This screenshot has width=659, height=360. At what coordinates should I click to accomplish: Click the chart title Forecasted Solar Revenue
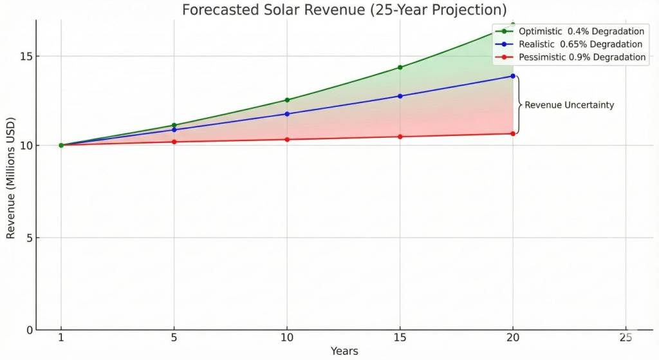click(x=344, y=10)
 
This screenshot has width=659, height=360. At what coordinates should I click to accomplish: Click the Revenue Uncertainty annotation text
click(x=570, y=105)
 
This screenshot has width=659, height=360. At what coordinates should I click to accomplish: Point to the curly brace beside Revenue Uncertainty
click(x=519, y=105)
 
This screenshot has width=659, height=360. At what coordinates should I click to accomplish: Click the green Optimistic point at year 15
click(x=400, y=68)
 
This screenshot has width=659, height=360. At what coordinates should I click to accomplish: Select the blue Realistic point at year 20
click(x=513, y=76)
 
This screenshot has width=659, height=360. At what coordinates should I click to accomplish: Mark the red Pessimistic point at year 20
click(x=513, y=133)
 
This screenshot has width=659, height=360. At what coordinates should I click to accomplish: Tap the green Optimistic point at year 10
click(x=287, y=100)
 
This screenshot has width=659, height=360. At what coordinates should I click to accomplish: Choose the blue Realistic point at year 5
click(x=174, y=129)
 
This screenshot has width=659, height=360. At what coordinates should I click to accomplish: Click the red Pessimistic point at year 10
click(x=287, y=139)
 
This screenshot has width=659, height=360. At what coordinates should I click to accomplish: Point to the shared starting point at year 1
click(x=61, y=145)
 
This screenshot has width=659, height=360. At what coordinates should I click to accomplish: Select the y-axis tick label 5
click(x=28, y=238)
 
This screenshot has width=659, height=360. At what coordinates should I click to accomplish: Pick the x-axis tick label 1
click(x=61, y=337)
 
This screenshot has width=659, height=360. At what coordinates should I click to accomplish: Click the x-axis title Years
click(x=344, y=352)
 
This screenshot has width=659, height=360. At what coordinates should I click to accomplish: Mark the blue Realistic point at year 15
click(x=400, y=96)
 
